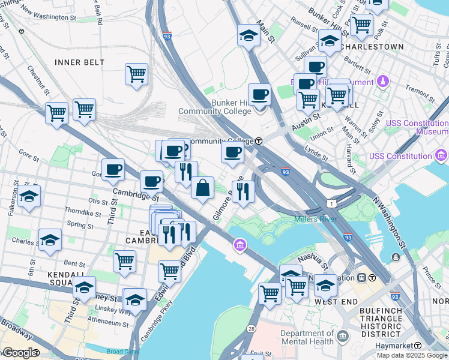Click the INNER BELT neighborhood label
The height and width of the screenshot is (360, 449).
(79, 62)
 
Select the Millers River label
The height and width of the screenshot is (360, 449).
(316, 219)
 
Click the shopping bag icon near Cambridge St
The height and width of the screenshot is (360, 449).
(203, 187)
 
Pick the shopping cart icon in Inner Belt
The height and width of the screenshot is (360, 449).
(137, 74)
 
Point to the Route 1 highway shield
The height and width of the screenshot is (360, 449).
(331, 204)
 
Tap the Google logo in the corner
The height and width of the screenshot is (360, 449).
(18, 352)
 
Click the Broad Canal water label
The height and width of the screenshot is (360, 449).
(122, 352)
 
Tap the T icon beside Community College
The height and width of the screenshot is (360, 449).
(259, 141)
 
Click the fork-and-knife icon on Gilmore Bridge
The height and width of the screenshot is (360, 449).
(243, 191)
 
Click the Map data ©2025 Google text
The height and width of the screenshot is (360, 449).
(411, 355)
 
